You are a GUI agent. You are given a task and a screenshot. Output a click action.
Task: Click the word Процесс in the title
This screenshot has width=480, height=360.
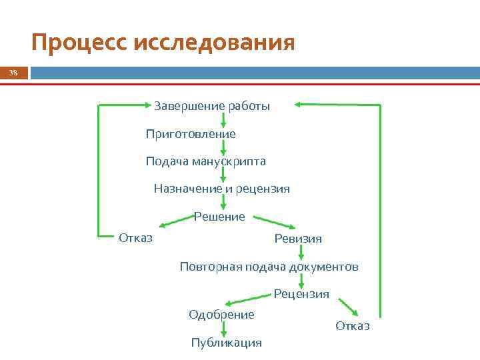pos(79,43)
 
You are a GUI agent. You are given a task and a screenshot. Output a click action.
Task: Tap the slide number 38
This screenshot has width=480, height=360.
pos(13,73)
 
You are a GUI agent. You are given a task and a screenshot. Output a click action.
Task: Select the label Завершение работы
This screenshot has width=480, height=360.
pos(212,106)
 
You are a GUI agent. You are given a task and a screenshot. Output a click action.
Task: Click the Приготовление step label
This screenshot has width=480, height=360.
pos(191,134)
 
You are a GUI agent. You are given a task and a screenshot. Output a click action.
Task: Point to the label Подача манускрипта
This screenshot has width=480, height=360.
pos(205,161)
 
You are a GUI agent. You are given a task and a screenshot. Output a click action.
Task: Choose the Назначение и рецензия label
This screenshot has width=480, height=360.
pos(221,189)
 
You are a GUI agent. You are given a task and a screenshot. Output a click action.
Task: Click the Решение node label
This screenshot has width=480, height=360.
pos(219,217)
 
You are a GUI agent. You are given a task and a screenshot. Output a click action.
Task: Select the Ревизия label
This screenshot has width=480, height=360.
pos(297,239)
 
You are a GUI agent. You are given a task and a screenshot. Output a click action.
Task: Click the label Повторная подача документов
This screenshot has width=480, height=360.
pos(269,267)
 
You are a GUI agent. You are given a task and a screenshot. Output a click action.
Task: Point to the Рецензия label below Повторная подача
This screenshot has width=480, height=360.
pos(301,294)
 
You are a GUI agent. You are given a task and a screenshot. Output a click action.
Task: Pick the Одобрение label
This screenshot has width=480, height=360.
pos(221,315)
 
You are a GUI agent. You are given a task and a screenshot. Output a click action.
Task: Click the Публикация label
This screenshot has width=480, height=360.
pos(226,343)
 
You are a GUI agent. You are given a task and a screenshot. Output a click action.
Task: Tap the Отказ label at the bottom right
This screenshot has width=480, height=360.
pos(352,326)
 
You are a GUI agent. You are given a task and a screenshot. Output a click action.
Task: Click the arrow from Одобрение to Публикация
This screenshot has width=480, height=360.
pos(223,329)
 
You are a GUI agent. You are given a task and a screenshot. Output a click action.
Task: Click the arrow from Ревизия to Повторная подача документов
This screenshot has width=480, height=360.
pos(301,253)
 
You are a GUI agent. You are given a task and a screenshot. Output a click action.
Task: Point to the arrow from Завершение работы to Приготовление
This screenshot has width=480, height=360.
pos(223,120)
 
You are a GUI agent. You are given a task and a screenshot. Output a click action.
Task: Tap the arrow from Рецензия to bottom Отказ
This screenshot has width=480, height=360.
pos(349,307)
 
